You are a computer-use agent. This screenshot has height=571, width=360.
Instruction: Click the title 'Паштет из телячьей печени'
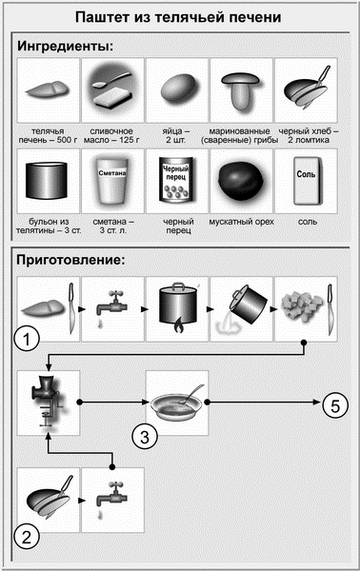[x=178, y=17]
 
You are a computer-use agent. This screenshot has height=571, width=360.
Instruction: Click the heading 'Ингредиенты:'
[x=66, y=47]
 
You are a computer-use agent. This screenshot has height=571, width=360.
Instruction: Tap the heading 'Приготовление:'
[x=70, y=260]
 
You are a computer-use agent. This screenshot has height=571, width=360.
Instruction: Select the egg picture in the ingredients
[x=177, y=89]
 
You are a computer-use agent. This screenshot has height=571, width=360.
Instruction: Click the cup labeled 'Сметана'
[x=112, y=180]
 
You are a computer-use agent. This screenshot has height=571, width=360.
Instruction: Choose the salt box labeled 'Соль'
[x=306, y=181]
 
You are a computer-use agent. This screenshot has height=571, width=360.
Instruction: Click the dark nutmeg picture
[x=241, y=181]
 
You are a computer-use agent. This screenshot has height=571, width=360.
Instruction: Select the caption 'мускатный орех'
[x=241, y=222]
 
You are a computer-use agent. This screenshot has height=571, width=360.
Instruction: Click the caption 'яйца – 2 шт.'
[x=177, y=135]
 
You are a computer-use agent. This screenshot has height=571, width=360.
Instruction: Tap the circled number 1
[x=27, y=339]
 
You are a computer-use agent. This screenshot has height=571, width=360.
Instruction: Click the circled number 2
[x=27, y=537]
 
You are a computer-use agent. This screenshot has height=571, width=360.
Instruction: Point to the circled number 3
[x=145, y=436]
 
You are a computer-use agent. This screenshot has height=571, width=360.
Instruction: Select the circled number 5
[x=335, y=405]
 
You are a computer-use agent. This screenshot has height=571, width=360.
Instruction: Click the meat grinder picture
[x=48, y=402]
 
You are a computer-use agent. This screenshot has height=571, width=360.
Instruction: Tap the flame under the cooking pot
[x=177, y=325]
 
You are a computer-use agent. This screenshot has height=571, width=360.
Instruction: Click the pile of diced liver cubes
[x=303, y=305]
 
